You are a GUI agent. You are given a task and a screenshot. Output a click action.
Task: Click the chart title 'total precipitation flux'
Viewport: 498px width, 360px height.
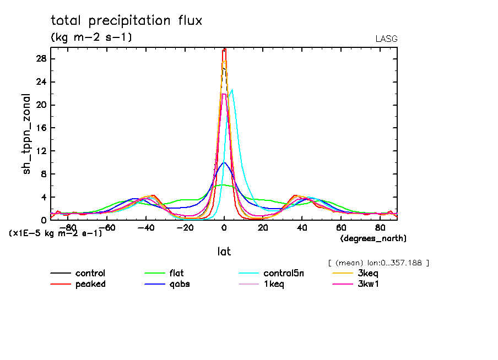(x=127, y=21)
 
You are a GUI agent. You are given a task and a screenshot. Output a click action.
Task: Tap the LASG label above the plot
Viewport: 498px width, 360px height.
(x=386, y=39)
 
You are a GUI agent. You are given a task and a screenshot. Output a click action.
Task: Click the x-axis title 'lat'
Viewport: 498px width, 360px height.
(x=224, y=252)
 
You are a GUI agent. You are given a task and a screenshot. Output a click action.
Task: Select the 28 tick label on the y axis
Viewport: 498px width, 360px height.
(x=41, y=59)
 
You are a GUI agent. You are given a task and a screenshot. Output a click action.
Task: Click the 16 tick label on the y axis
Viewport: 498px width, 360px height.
(x=41, y=128)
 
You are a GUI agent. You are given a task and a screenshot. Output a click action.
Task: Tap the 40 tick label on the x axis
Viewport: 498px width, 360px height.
(x=302, y=227)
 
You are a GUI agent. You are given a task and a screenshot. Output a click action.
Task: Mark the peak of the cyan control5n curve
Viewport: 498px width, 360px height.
(x=232, y=90)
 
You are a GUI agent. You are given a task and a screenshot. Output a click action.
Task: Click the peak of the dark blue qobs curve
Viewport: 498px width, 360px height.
(x=224, y=162)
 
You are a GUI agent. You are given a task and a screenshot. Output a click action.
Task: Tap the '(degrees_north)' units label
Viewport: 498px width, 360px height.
(x=373, y=238)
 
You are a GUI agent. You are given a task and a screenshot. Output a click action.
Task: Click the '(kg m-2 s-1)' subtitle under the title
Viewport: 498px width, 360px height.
(x=91, y=37)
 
